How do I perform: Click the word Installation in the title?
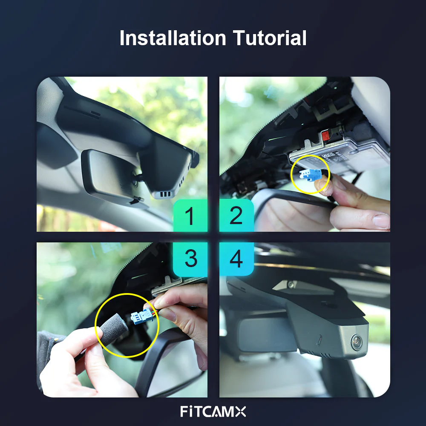173,38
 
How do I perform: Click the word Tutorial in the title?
270,38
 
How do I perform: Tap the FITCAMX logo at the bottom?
213,412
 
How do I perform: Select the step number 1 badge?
190,216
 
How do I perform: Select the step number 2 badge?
236,216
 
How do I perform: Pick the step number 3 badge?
190,259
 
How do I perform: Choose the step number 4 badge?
236,259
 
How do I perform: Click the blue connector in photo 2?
310,175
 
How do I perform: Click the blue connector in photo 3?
142,316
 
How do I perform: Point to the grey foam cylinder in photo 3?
114,329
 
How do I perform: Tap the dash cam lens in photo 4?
357,342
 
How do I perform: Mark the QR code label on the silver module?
328,156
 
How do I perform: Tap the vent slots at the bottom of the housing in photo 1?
165,194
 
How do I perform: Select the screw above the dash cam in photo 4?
291,285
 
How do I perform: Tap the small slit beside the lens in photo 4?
320,340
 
